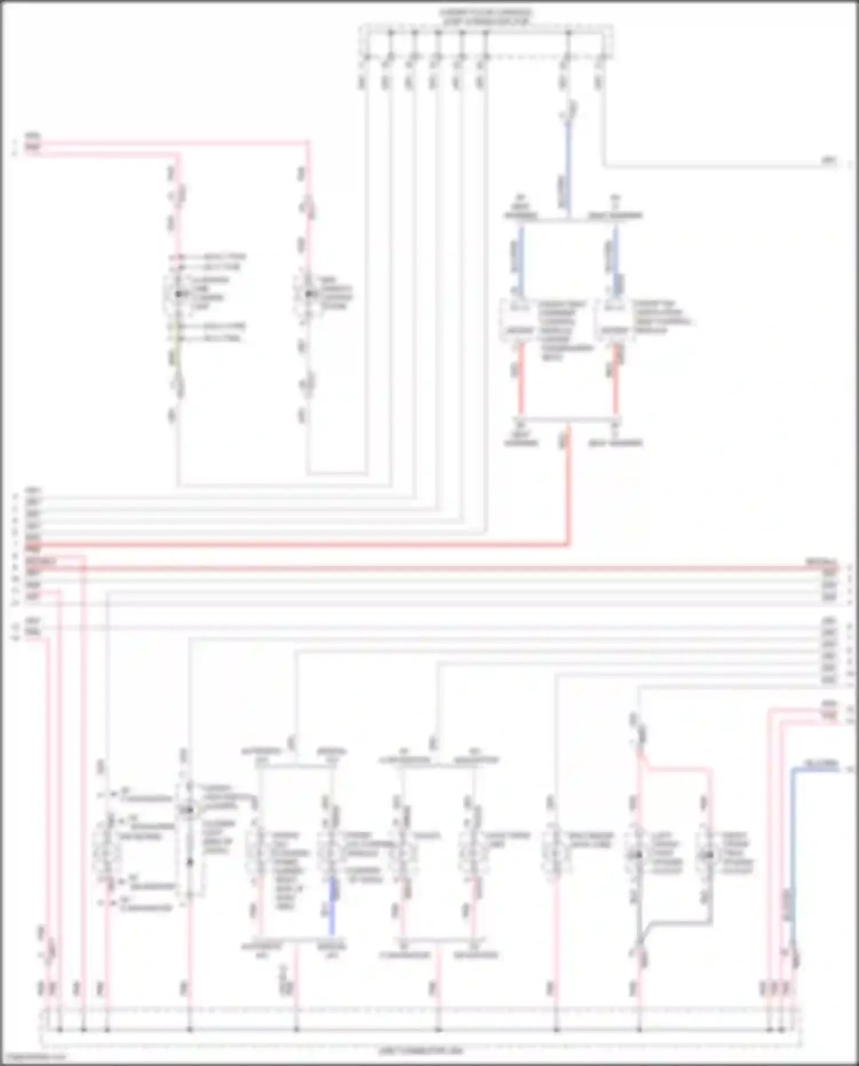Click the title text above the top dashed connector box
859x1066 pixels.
486,16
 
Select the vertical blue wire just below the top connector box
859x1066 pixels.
568,166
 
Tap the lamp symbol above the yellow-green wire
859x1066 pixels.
178,294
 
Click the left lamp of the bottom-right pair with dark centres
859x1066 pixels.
637,855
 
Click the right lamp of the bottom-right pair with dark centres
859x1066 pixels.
709,855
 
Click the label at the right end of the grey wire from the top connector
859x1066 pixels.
829,162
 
